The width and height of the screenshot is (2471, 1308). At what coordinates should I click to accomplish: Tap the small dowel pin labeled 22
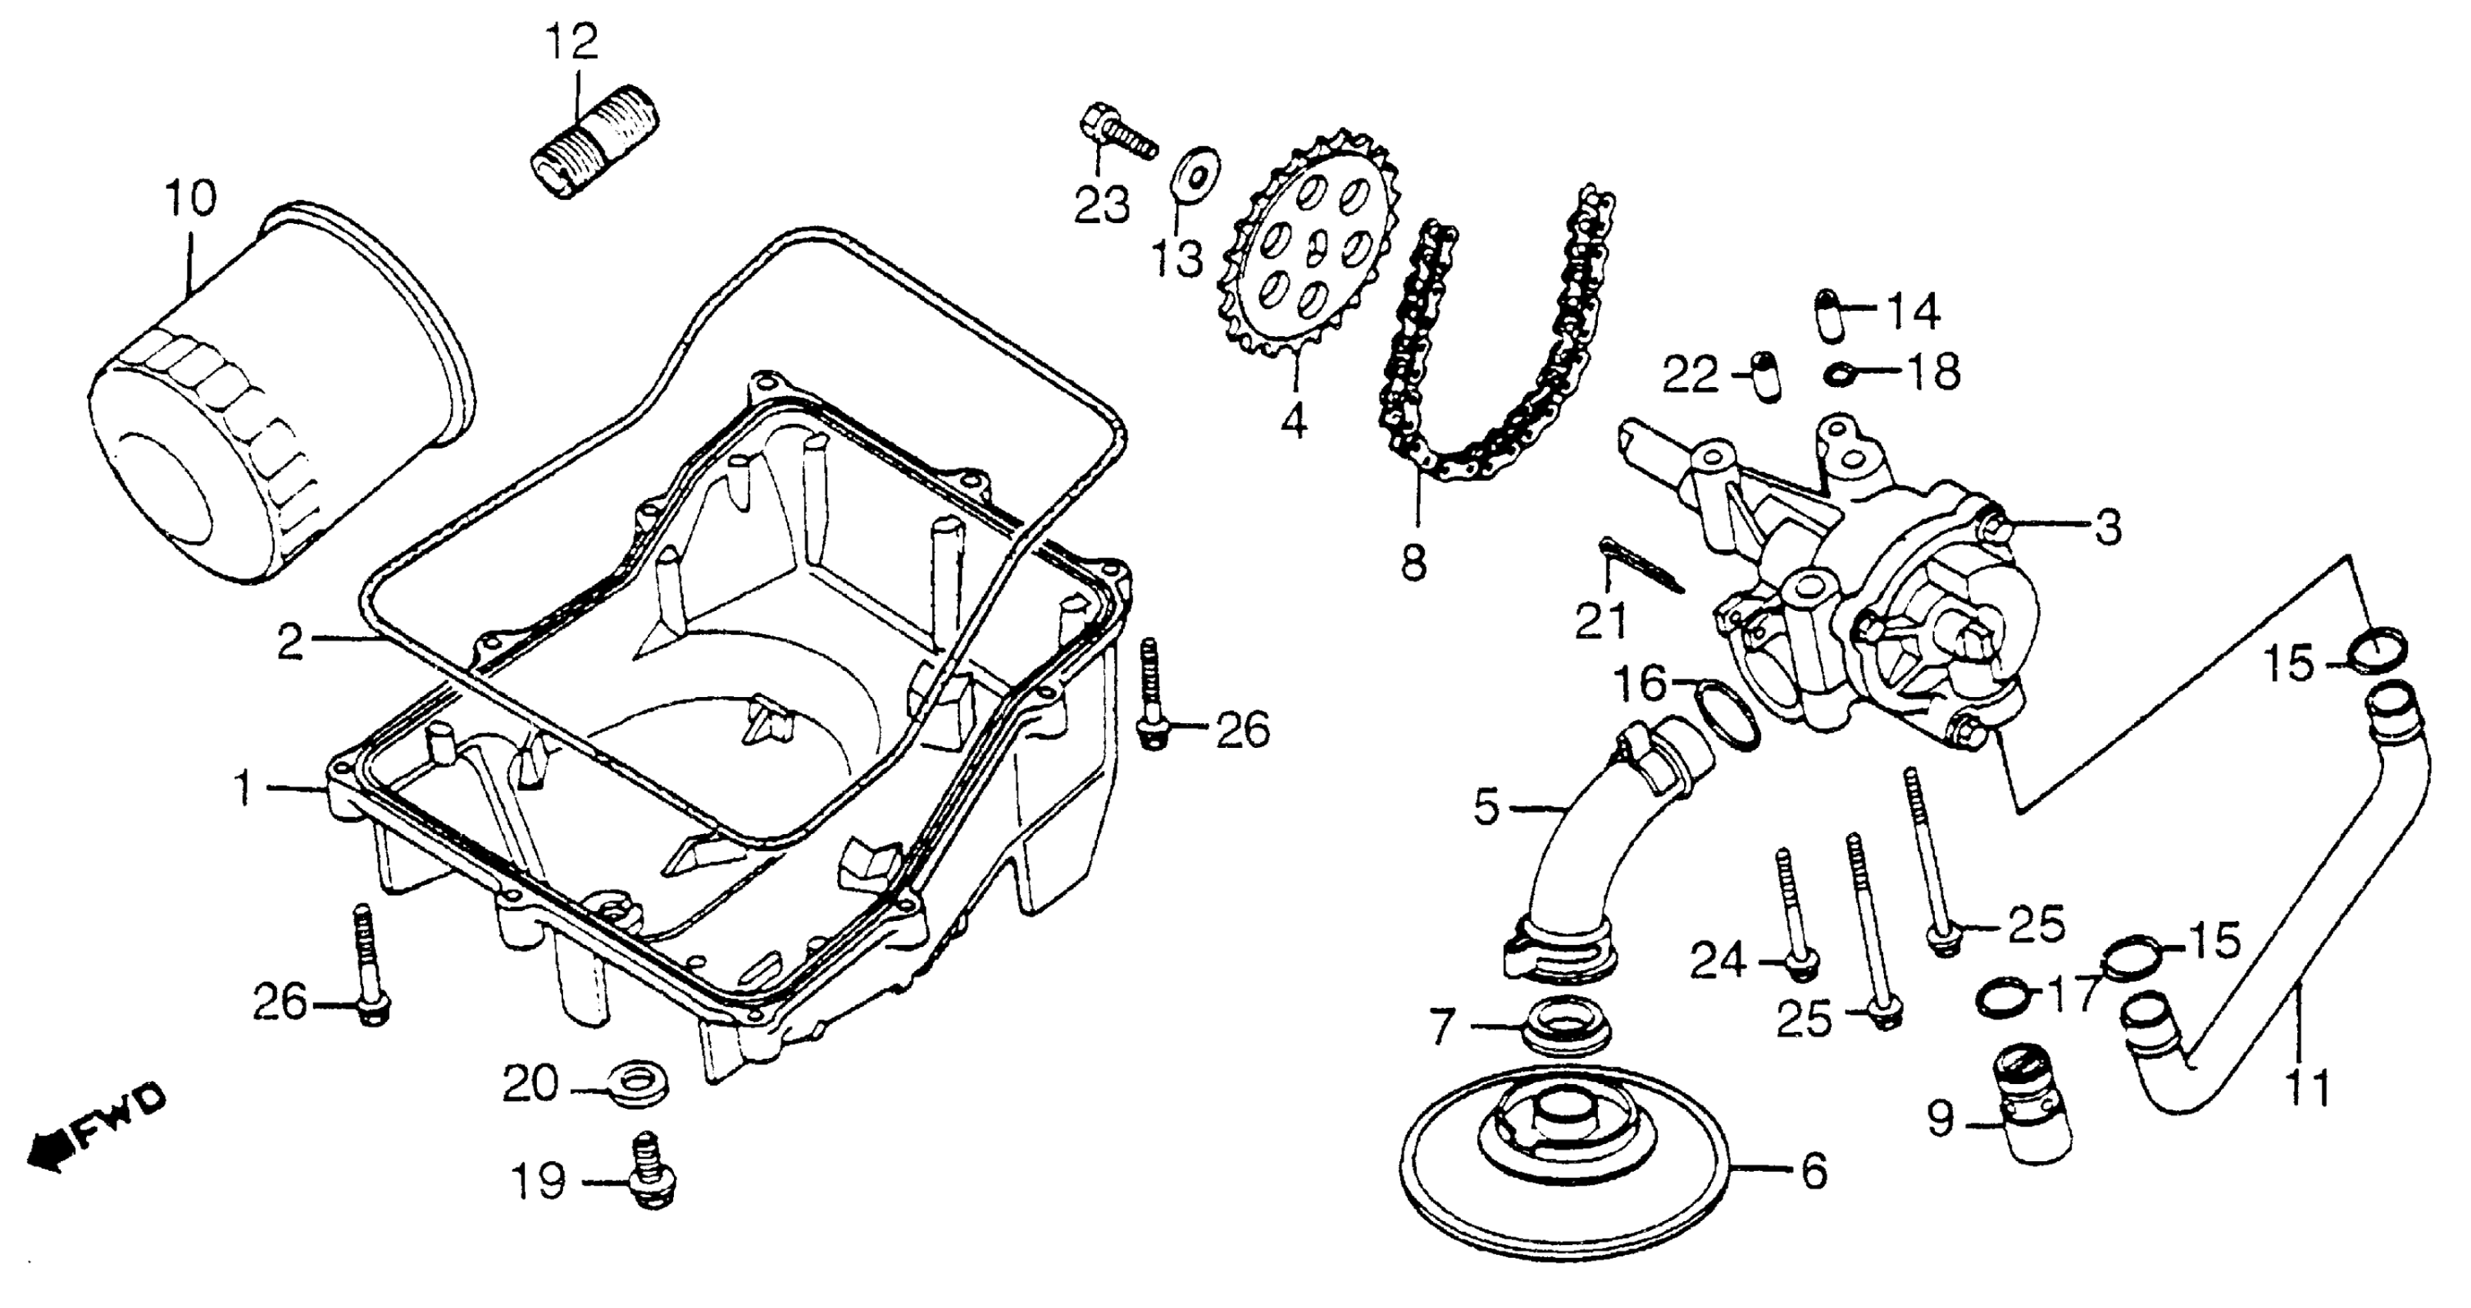click(1763, 377)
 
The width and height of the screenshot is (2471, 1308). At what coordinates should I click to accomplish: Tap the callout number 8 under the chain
click(1414, 562)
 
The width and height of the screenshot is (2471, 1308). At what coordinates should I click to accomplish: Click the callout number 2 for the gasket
click(291, 642)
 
